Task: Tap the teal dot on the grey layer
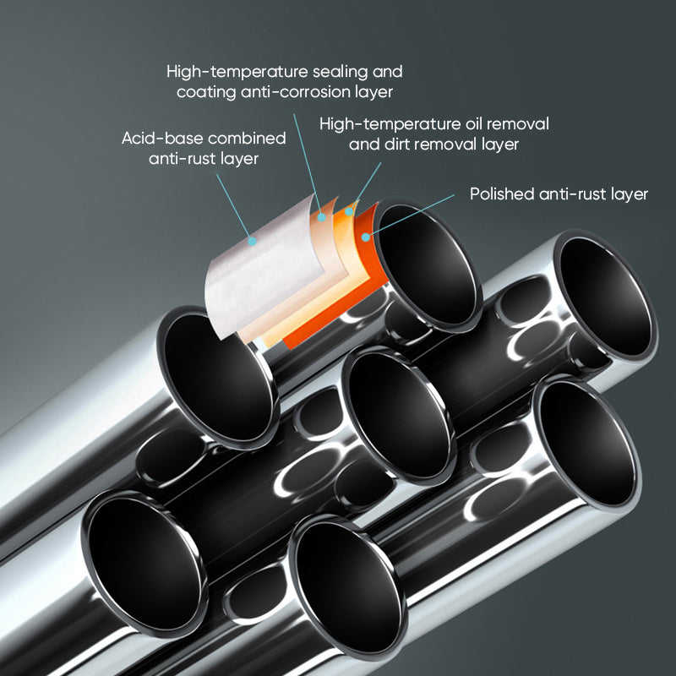(251, 240)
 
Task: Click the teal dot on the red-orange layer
(366, 237)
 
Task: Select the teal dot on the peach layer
(322, 218)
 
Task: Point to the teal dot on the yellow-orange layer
(348, 211)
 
